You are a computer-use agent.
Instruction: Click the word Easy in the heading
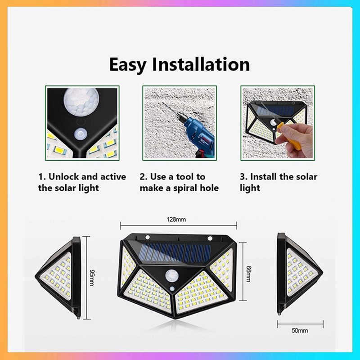point(127,65)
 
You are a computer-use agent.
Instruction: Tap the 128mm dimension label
point(176,220)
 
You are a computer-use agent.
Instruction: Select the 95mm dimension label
point(91,277)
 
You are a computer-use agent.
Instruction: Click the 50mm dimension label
point(300,330)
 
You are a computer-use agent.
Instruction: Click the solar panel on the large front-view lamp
point(175,253)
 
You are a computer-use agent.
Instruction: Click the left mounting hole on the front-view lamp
point(147,237)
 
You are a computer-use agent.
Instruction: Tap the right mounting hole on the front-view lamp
point(210,238)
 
